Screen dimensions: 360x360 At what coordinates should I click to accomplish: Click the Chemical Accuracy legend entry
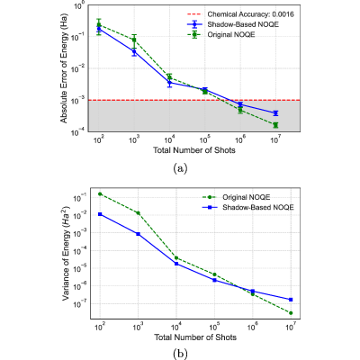[240, 14]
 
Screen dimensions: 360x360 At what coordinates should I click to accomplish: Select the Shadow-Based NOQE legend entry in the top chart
[233, 24]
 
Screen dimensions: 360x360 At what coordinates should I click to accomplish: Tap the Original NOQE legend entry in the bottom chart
[236, 197]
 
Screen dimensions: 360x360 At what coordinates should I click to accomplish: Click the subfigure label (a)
[180, 168]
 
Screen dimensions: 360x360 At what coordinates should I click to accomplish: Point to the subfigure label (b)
[180, 354]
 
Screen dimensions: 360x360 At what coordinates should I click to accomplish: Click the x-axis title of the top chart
[194, 150]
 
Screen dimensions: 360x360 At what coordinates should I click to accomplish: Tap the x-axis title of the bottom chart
[195, 337]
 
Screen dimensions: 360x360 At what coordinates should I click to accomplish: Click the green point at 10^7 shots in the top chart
[275, 125]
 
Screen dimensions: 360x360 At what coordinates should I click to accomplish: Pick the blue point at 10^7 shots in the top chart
[275, 113]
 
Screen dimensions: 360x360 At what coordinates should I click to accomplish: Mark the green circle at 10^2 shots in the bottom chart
[100, 193]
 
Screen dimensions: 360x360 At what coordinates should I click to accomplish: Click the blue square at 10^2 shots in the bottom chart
[100, 214]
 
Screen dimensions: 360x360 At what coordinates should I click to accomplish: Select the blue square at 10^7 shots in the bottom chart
[291, 300]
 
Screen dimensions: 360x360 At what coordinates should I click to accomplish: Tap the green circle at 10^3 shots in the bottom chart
[139, 213]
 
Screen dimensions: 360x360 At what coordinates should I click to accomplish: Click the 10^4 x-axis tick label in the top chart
[169, 139]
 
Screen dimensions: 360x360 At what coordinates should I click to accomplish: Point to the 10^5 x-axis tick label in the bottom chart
[214, 327]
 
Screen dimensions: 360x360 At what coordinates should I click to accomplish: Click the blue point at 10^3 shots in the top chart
[134, 51]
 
